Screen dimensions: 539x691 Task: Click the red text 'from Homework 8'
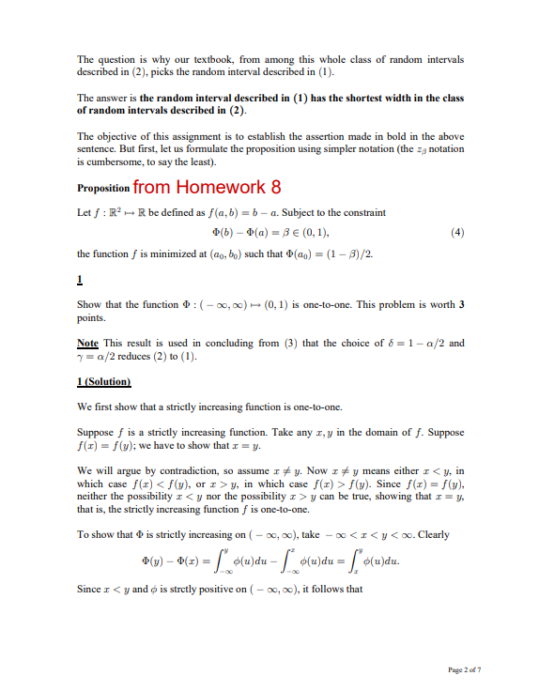(x=208, y=186)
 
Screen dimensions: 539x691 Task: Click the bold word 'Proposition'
(x=103, y=188)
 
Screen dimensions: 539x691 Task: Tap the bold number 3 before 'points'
(x=460, y=308)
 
